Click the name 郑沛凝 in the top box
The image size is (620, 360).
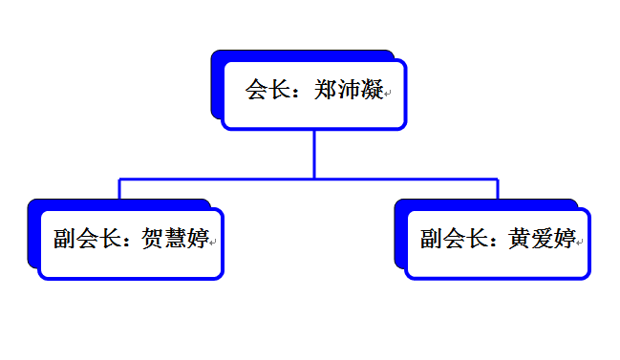[349, 90]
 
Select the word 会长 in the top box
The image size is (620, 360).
[268, 90]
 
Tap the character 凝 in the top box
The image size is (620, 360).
[372, 90]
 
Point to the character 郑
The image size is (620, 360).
[326, 90]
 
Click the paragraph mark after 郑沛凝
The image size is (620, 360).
[388, 94]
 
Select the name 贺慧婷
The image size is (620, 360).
[175, 238]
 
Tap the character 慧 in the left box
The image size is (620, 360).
[175, 238]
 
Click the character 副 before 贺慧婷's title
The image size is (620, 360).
[64, 239]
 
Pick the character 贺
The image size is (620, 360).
[152, 238]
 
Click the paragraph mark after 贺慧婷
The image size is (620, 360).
[213, 242]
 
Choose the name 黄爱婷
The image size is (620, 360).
[542, 239]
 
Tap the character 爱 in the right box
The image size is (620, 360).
[542, 239]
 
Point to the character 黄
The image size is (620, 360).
[519, 239]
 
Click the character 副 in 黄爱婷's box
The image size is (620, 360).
[432, 239]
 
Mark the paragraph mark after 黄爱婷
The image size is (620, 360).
[580, 242]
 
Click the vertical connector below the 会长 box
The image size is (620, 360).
[314, 154]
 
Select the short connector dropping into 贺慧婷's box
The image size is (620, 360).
[119, 189]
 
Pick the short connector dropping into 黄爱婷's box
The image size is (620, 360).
[498, 189]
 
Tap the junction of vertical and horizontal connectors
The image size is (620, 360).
[314, 179]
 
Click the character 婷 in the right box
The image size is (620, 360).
[565, 239]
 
